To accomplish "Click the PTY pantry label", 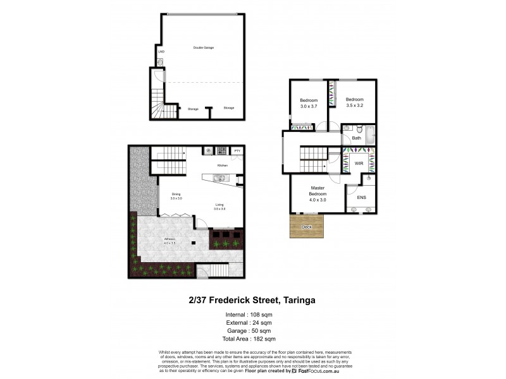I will (x=237, y=151).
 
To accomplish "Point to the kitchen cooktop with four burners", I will (x=221, y=151).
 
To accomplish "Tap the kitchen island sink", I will (x=218, y=178).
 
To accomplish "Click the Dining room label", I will (x=176, y=194).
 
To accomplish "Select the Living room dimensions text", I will (x=219, y=208).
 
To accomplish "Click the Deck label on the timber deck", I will (x=307, y=226).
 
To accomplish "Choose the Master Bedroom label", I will (x=317, y=191).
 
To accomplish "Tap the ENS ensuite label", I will (x=361, y=198).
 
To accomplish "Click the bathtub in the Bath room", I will (x=370, y=135).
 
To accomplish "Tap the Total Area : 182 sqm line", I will (x=252, y=340).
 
